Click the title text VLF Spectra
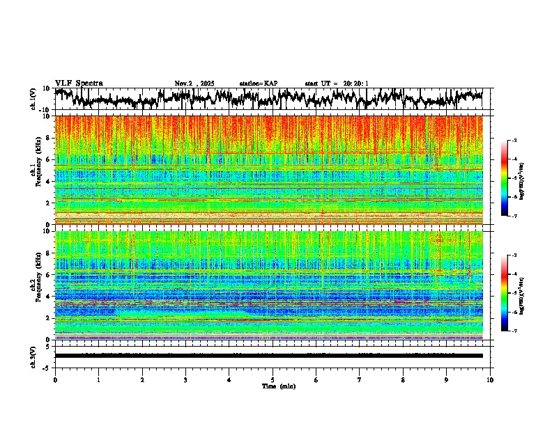coord(79,83)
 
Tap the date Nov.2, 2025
coord(195,84)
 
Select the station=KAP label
coord(259,84)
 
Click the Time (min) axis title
coord(278,386)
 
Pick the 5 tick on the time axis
coord(273,380)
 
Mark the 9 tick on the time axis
coord(447,380)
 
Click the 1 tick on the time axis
coord(98,380)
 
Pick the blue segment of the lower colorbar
coord(505,317)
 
